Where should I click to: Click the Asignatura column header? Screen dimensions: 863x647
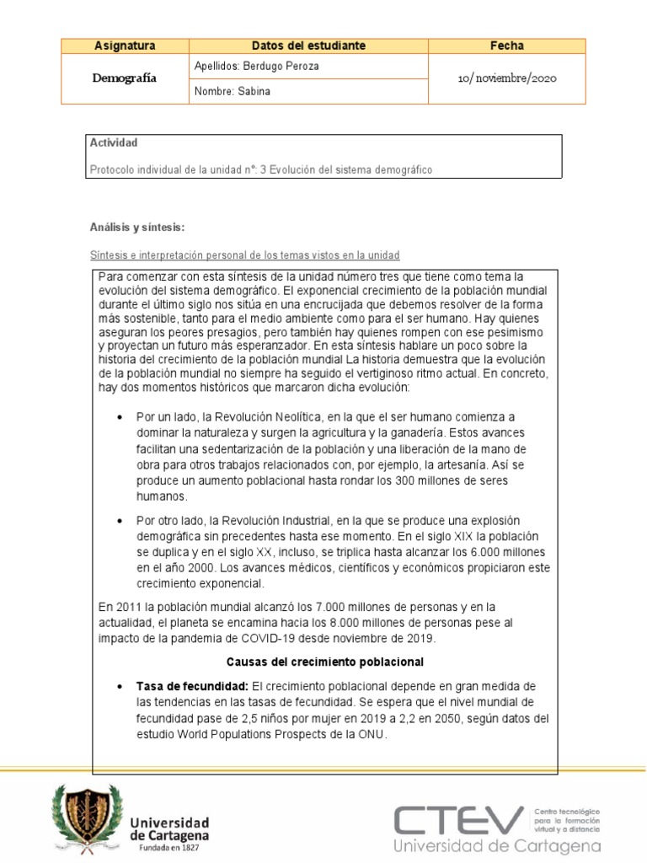pyautogui.click(x=125, y=46)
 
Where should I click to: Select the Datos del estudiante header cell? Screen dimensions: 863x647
pyautogui.click(x=308, y=46)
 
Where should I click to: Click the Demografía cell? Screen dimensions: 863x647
pyautogui.click(x=125, y=78)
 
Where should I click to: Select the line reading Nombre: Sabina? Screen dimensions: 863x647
pyautogui.click(x=233, y=91)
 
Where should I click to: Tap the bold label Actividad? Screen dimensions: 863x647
pyautogui.click(x=113, y=143)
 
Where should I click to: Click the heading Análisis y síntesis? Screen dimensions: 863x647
pyautogui.click(x=136, y=228)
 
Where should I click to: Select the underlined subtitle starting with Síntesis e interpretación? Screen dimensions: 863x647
pyautogui.click(x=244, y=255)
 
